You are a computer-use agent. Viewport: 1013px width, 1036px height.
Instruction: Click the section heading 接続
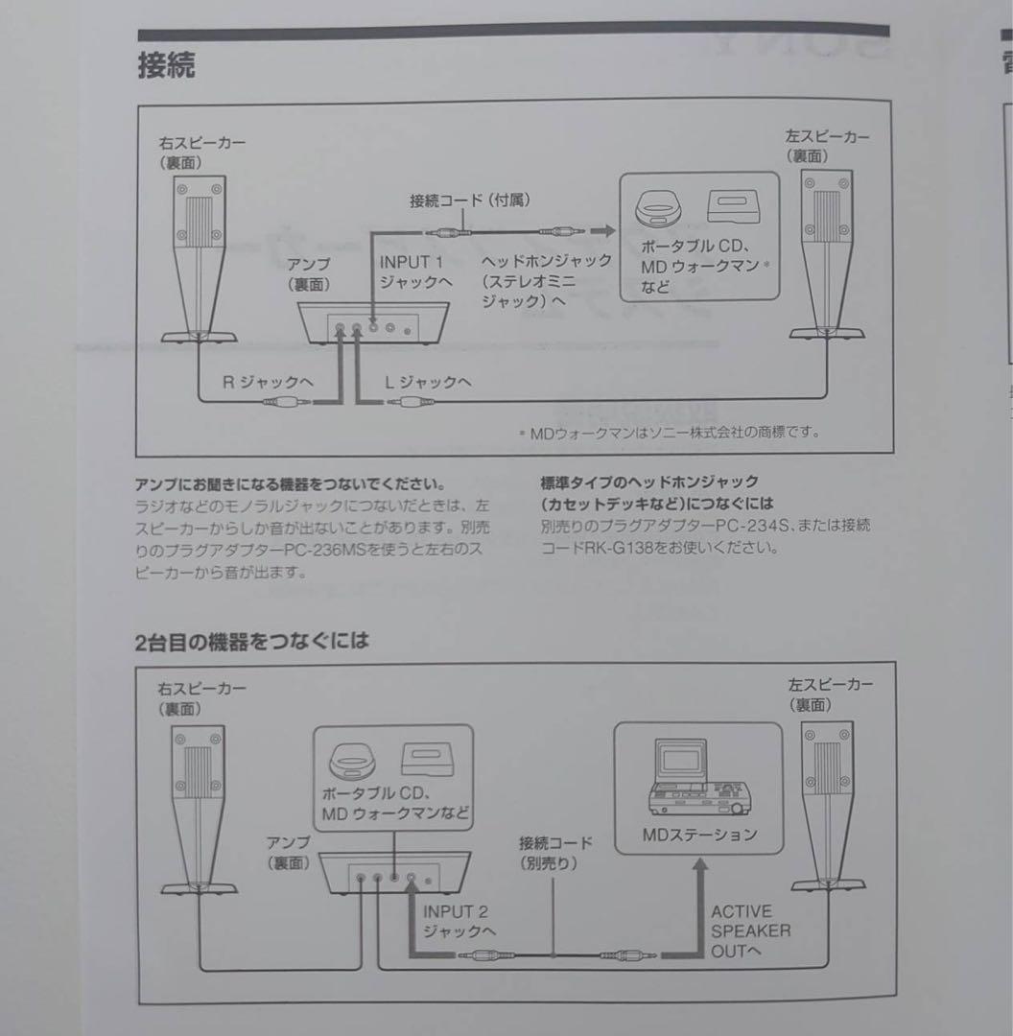[167, 66]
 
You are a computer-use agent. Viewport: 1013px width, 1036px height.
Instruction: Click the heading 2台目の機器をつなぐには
[252, 641]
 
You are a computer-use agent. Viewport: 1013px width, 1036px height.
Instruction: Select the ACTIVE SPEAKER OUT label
[750, 930]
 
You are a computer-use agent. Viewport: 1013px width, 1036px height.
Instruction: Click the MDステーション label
[699, 834]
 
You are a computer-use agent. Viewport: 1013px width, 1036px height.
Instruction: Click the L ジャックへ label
[427, 382]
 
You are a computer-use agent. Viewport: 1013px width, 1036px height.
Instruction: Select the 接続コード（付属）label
[470, 200]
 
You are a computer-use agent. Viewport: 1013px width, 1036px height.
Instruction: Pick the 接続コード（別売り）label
[555, 852]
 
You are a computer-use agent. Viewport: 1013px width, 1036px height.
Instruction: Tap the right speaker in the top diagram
[200, 259]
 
